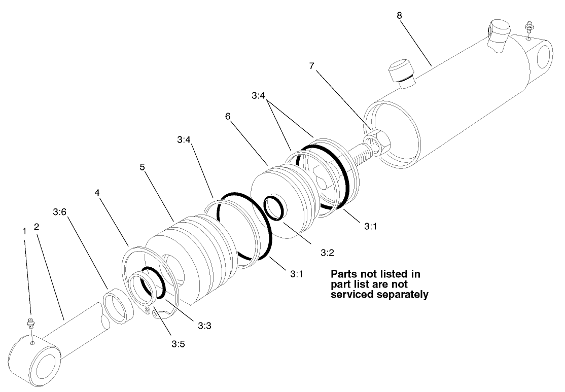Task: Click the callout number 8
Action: [x=400, y=16]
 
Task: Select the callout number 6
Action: [x=228, y=116]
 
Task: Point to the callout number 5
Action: [x=143, y=167]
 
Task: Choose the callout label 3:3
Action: [x=204, y=325]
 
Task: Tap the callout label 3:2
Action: [x=327, y=252]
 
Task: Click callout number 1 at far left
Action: [x=24, y=231]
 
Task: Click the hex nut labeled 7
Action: [x=377, y=140]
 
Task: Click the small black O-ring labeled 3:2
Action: [x=274, y=208]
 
